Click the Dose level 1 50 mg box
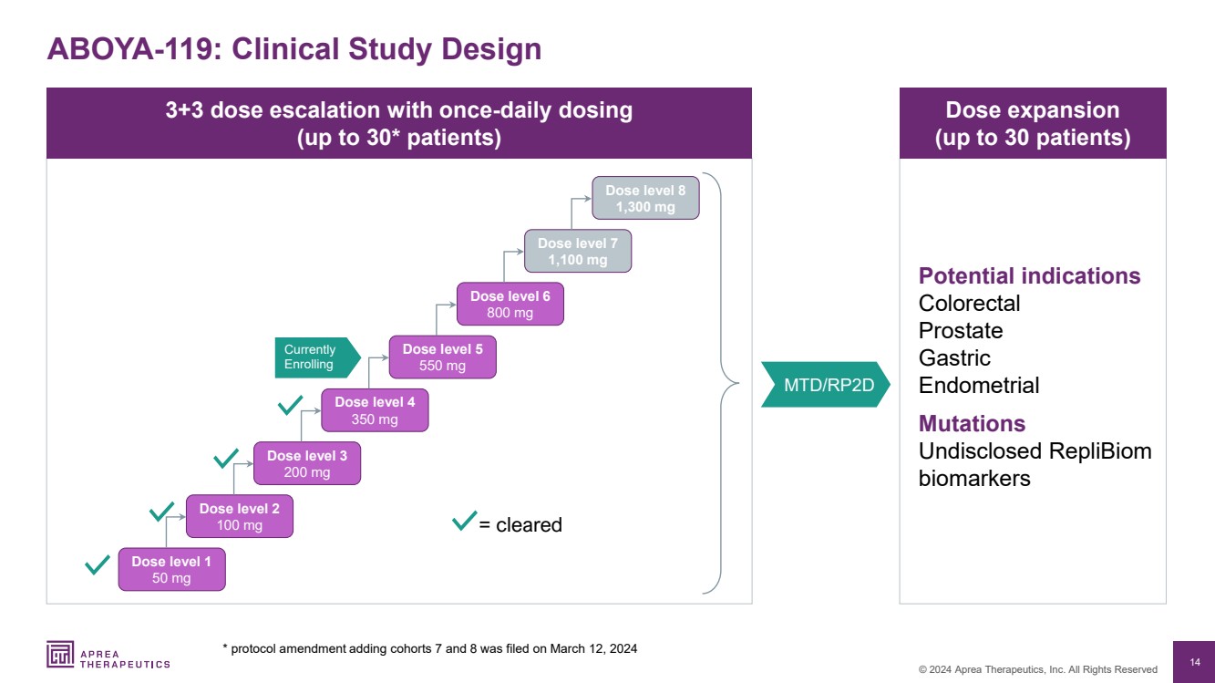[171, 570]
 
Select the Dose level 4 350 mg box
[375, 410]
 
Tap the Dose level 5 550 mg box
[442, 357]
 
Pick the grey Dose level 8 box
[645, 199]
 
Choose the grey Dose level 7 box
[577, 252]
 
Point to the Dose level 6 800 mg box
[510, 305]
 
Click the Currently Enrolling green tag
[313, 357]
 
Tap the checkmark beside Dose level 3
[225, 457]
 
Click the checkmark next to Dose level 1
[97, 564]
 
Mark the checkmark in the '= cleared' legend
[464, 522]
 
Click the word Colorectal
[969, 304]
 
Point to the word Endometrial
[978, 386]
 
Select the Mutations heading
[972, 424]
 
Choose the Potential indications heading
[1029, 276]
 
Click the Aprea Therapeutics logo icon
[61, 654]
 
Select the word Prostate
[960, 331]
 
